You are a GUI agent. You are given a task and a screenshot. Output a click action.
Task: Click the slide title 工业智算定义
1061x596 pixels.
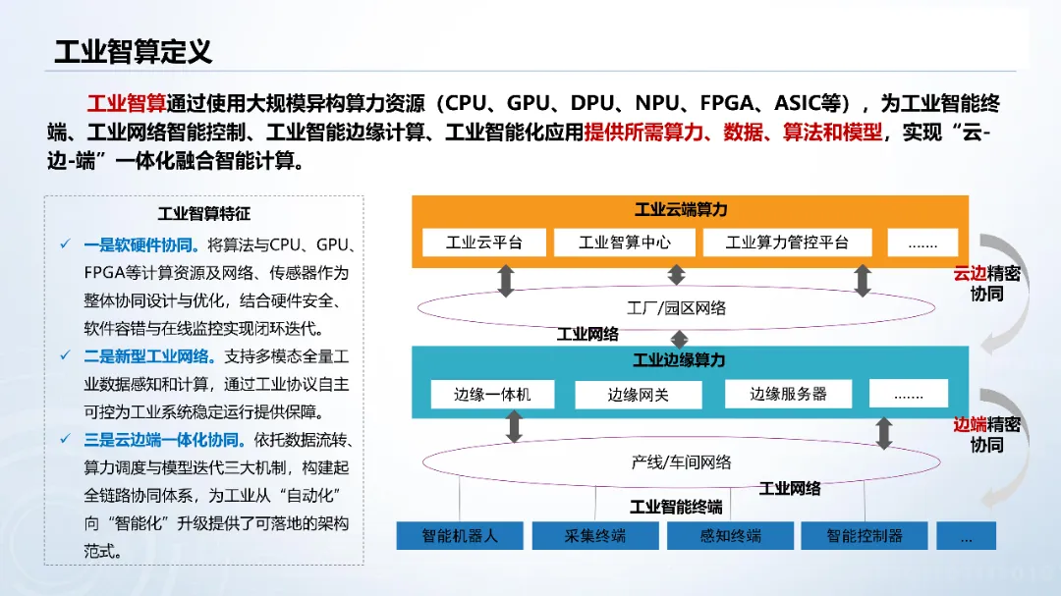(x=133, y=51)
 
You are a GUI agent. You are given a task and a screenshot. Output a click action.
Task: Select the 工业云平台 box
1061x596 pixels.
(x=483, y=242)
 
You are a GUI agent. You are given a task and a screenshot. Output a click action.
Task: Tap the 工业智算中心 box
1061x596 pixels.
(x=625, y=242)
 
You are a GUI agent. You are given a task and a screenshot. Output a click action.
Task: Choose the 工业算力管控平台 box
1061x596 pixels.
(x=786, y=242)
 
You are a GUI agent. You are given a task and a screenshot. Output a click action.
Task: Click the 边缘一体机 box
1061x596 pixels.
(x=492, y=394)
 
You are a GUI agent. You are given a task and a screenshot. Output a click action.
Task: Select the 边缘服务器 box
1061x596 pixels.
(x=788, y=394)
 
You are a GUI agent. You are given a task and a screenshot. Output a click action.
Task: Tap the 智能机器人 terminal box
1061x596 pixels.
(x=460, y=536)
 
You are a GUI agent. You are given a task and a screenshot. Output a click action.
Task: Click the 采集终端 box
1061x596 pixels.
(x=594, y=536)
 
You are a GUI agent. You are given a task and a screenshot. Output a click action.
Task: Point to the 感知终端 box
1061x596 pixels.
(x=730, y=536)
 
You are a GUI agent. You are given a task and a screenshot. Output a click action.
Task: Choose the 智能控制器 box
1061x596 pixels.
(x=864, y=536)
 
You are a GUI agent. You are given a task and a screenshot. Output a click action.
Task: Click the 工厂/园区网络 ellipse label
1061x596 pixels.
(x=676, y=307)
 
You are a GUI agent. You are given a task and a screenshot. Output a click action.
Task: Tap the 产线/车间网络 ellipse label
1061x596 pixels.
(x=681, y=461)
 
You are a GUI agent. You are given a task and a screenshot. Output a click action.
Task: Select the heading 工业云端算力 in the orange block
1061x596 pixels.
(x=681, y=209)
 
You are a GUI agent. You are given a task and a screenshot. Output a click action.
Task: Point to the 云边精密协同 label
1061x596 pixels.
(x=987, y=283)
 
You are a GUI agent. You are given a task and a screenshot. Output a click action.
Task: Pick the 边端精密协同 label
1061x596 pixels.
(x=987, y=434)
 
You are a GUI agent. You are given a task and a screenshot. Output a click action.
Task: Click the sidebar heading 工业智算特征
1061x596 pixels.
(x=204, y=213)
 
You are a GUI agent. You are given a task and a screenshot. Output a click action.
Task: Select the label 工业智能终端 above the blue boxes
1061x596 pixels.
(x=676, y=507)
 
